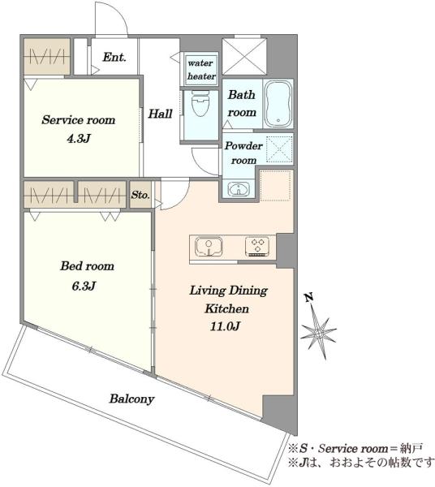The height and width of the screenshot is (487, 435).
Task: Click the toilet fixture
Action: (x=200, y=102)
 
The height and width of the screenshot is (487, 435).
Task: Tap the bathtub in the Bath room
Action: (x=278, y=103)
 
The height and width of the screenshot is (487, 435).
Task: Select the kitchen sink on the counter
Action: (x=209, y=247)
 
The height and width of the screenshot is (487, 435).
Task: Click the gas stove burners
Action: (x=256, y=247)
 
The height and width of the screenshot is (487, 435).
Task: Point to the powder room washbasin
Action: (x=239, y=189)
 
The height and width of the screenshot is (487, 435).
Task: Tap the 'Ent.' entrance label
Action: (x=114, y=58)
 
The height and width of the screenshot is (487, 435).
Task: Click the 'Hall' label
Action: (x=160, y=114)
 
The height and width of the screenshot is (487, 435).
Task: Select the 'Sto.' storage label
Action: (x=140, y=195)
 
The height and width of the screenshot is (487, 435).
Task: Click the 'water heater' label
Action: (x=201, y=70)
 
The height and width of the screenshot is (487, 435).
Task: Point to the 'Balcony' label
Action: (x=131, y=399)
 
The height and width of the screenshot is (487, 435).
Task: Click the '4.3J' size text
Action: (x=79, y=139)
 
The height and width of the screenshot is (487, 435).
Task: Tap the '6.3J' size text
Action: (x=84, y=286)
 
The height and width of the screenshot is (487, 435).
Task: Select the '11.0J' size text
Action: (x=225, y=326)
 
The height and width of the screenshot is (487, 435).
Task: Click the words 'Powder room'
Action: (x=243, y=153)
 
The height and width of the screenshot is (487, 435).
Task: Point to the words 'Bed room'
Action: (x=88, y=266)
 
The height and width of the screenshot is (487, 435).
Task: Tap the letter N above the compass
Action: (x=308, y=298)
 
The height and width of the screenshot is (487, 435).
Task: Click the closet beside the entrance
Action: (x=47, y=57)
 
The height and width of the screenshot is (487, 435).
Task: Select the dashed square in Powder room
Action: (x=279, y=149)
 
